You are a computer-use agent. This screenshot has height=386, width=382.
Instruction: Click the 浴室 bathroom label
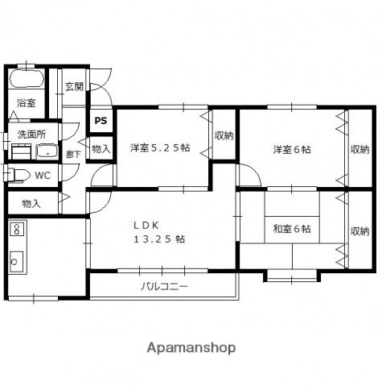click(x=26, y=102)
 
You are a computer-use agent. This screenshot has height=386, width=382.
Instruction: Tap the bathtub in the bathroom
click(x=26, y=80)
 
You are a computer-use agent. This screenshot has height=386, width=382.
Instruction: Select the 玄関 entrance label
click(x=74, y=86)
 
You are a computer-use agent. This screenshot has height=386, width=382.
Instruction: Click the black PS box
click(x=101, y=121)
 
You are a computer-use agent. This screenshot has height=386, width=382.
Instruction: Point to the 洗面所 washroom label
click(x=32, y=134)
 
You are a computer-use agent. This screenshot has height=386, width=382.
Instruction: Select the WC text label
click(x=43, y=175)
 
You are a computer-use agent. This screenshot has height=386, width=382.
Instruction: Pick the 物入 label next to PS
click(x=101, y=148)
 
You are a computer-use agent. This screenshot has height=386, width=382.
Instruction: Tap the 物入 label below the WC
click(x=31, y=203)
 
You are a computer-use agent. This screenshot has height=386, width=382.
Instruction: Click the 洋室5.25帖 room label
click(x=160, y=147)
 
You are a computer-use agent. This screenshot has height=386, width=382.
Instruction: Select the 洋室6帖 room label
click(x=292, y=149)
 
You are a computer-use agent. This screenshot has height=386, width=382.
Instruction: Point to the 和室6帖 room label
click(x=291, y=229)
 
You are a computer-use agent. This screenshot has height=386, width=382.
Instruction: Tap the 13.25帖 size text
click(x=160, y=239)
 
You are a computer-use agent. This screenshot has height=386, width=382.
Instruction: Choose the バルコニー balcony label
click(x=164, y=286)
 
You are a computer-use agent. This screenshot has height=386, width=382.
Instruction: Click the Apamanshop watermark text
click(x=191, y=348)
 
